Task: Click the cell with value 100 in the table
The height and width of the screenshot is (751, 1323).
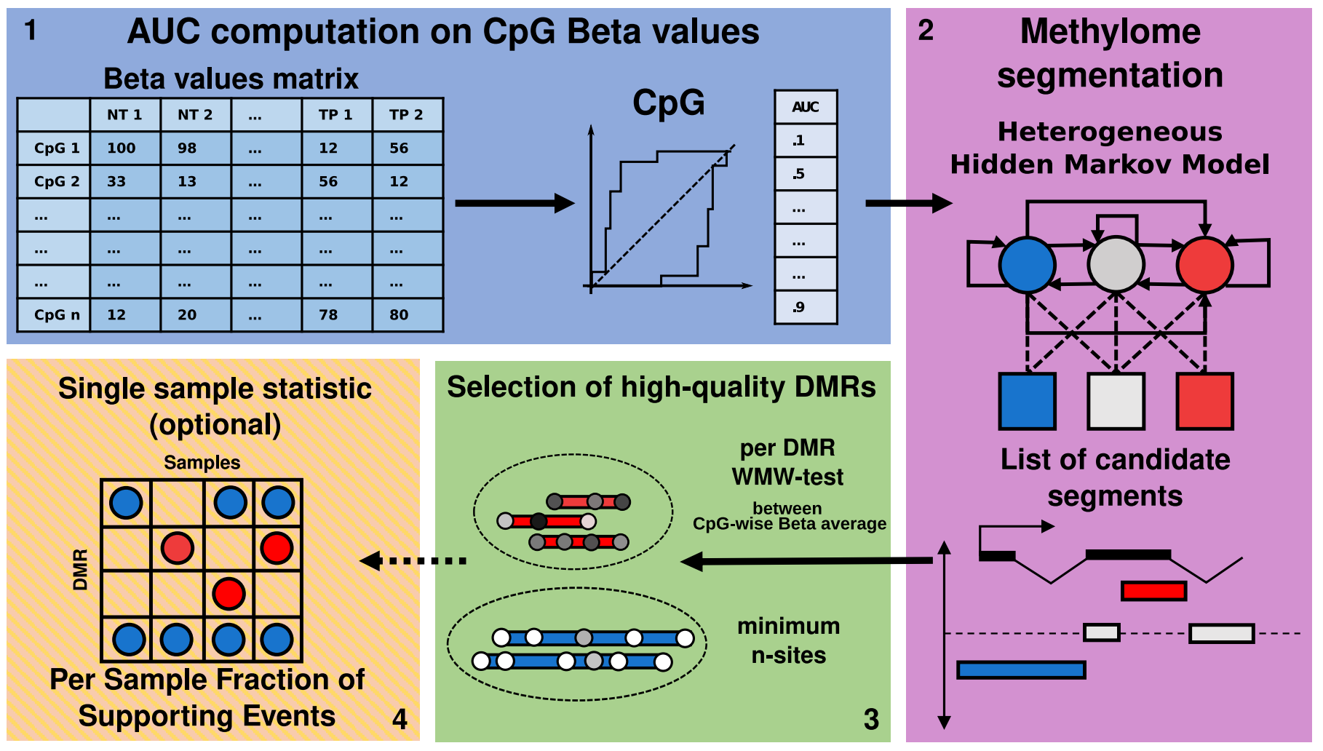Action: click(122, 148)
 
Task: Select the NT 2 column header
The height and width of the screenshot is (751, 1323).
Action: click(195, 115)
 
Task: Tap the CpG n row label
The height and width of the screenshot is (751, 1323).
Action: click(57, 315)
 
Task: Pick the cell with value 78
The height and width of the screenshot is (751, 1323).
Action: click(328, 315)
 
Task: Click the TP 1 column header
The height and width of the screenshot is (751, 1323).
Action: click(335, 115)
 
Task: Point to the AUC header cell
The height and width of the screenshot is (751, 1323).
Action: click(806, 107)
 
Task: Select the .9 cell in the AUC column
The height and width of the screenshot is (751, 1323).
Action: click(806, 307)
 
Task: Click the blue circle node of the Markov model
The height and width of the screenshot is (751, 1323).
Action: click(1027, 265)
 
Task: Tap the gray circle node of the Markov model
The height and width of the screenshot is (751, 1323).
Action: click(1116, 265)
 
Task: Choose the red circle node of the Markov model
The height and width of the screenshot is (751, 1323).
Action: click(1204, 265)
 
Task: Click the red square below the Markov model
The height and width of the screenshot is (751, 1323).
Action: click(1204, 401)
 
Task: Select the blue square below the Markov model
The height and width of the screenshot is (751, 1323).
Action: click(1027, 401)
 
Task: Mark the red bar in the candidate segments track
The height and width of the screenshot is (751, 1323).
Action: click(1153, 591)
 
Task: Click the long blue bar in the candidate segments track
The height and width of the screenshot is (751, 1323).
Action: click(1021, 669)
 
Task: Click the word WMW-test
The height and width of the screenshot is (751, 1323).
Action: click(787, 477)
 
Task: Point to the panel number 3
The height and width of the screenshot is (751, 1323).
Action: click(871, 720)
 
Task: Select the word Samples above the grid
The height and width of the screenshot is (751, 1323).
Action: click(202, 463)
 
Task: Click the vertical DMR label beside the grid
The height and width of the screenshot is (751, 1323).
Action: click(80, 570)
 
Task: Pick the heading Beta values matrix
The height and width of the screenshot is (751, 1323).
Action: click(231, 79)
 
